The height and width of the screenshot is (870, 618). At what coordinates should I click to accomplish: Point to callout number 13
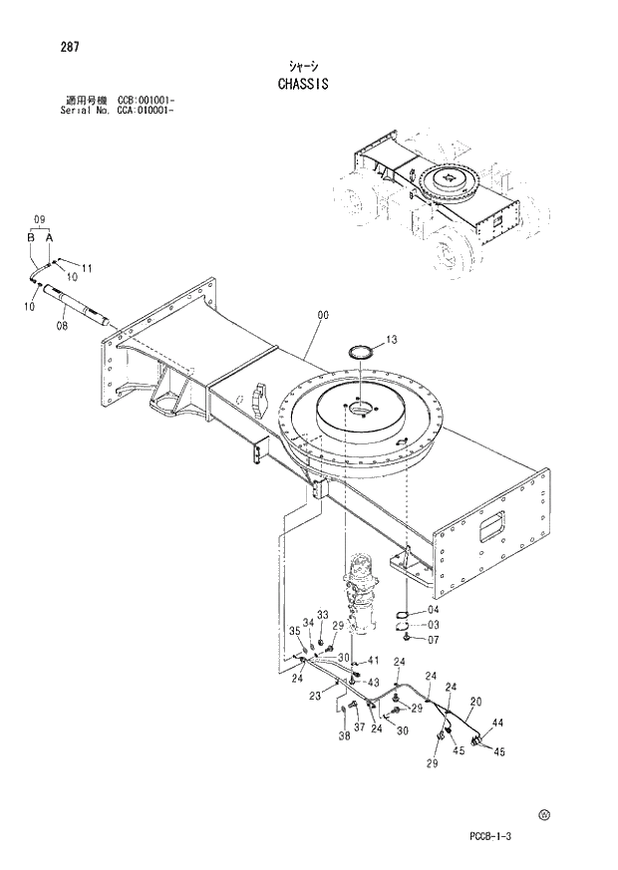(391, 341)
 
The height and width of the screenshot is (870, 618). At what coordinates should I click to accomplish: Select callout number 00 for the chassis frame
(322, 316)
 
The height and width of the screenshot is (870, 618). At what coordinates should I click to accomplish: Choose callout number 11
(87, 268)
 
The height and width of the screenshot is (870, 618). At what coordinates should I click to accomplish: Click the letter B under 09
(31, 237)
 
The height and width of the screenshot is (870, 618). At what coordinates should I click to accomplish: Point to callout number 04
(433, 610)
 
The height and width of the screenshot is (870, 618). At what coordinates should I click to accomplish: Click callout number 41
(373, 661)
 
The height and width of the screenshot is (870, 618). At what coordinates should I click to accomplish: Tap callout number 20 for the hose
(475, 701)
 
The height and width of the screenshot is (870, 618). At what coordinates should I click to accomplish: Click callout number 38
(343, 737)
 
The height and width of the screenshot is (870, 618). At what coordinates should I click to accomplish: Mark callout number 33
(322, 614)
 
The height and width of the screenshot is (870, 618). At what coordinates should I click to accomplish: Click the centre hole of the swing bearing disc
(360, 409)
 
